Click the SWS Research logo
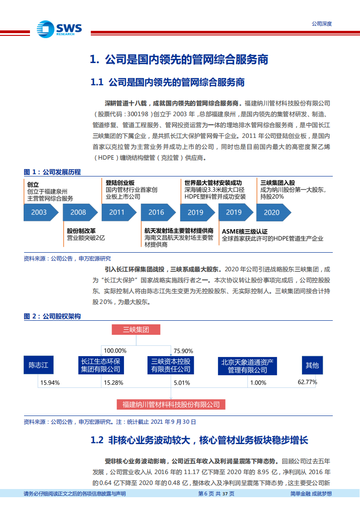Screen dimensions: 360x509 point(59,29)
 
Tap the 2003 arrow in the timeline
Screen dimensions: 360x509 point(40,212)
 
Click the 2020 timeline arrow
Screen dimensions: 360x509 point(272,212)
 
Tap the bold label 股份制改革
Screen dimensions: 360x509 point(81,230)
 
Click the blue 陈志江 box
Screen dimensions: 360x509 point(38,365)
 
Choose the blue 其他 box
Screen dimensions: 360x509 point(312,365)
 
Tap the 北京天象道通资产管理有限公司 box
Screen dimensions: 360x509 point(247,366)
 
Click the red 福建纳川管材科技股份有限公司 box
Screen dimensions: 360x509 point(171,404)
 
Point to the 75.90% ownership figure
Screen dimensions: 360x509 point(183,351)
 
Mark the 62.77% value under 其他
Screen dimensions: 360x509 point(307,382)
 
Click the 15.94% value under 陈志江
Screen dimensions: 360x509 point(50,383)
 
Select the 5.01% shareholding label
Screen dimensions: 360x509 point(183,383)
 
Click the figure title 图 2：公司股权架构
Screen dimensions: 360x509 point(52,317)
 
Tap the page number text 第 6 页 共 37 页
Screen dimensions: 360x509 point(217,494)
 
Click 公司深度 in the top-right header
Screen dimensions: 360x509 point(321,24)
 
